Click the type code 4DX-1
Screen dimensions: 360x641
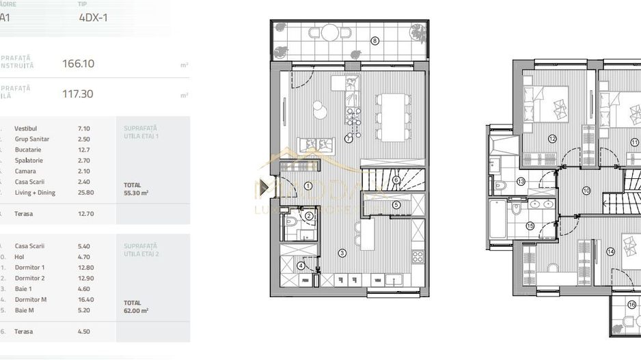click(94, 18)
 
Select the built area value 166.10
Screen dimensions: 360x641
click(78, 64)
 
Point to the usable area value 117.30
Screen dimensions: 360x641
click(78, 94)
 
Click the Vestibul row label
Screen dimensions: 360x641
click(25, 128)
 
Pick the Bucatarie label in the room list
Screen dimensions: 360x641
click(28, 150)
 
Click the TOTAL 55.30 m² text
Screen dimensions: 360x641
click(136, 189)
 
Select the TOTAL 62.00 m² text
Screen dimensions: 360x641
click(136, 306)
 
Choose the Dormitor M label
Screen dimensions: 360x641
click(29, 299)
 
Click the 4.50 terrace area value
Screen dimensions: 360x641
click(85, 331)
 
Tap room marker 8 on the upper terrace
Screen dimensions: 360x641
click(374, 41)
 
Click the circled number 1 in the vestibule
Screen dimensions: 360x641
click(308, 185)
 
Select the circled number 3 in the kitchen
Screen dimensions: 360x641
click(342, 252)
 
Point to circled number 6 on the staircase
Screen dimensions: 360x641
click(396, 180)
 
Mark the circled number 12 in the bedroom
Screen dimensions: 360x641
click(552, 139)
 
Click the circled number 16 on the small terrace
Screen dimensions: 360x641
click(631, 305)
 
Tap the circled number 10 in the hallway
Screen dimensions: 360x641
click(586, 191)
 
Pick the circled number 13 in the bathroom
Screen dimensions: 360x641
click(521, 182)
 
